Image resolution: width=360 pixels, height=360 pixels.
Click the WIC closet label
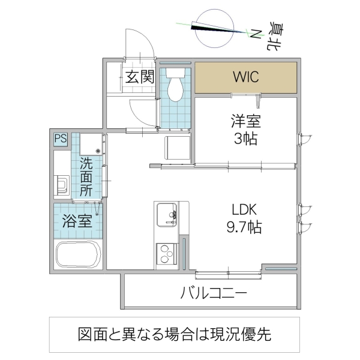(x=246, y=77)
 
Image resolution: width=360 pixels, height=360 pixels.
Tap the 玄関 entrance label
(x=140, y=76)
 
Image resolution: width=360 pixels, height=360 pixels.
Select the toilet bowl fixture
(x=176, y=88)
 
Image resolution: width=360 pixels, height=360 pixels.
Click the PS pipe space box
(x=61, y=139)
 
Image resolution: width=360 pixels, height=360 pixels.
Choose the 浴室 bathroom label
(x=77, y=220)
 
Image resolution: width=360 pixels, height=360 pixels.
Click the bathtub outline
(x=79, y=254)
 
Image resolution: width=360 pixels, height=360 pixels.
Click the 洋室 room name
(x=245, y=121)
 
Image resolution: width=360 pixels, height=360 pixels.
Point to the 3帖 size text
(x=245, y=140)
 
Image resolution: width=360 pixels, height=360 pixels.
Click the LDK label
(x=245, y=210)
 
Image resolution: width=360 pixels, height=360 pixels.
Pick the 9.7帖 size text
(x=245, y=228)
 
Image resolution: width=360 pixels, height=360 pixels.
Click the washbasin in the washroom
(x=62, y=185)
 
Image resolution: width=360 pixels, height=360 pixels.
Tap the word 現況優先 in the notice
(x=254, y=335)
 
